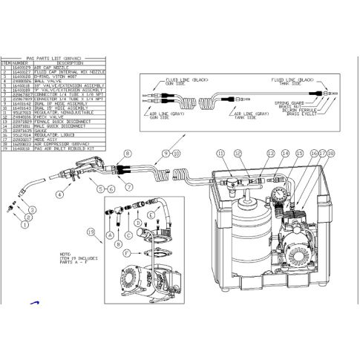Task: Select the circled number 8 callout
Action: coord(127,153)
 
